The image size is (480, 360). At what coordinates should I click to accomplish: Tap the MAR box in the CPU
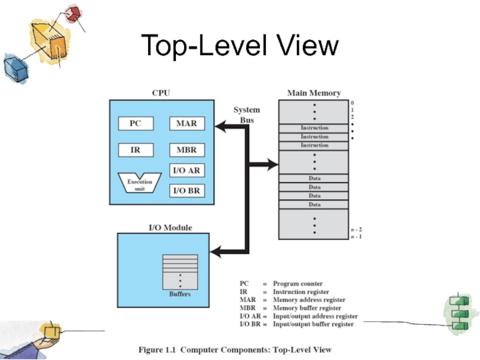[x=187, y=124]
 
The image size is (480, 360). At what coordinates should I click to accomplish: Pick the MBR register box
[x=187, y=149]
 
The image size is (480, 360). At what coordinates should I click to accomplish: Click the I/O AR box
[x=187, y=170]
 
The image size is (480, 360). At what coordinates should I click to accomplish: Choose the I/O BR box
[x=187, y=191]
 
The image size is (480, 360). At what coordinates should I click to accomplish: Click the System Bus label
[x=247, y=115]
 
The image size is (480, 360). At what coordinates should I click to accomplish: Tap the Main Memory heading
[x=314, y=93]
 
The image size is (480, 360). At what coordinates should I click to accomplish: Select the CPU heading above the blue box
[x=161, y=93]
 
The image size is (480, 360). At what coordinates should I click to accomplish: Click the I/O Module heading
[x=170, y=227]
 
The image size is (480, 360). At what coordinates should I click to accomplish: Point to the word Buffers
[x=179, y=294]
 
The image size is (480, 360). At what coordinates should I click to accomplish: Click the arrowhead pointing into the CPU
[x=220, y=125]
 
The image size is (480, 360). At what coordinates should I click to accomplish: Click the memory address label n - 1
[x=356, y=236]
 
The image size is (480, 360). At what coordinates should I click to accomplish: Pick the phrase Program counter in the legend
[x=298, y=284]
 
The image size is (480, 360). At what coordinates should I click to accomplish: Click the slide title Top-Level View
[x=240, y=46]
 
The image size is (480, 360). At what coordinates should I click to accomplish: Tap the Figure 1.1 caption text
[x=235, y=349]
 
